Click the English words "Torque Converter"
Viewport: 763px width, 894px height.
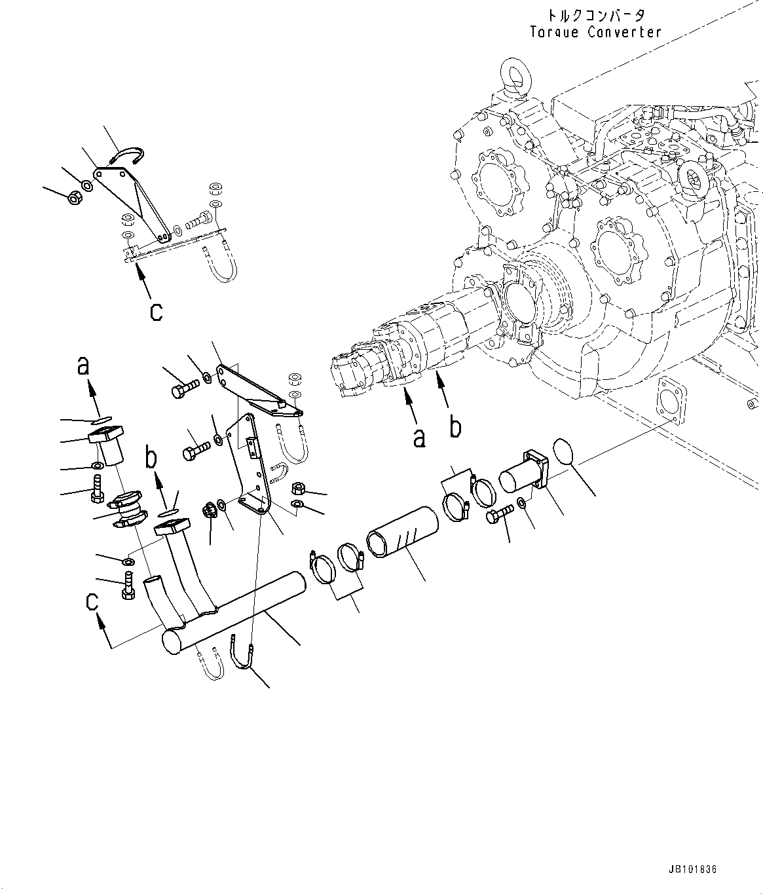click(x=596, y=32)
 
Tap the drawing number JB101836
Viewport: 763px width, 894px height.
click(x=692, y=869)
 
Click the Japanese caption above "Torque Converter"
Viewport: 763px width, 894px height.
click(x=596, y=15)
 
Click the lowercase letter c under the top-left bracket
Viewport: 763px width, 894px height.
click(x=155, y=311)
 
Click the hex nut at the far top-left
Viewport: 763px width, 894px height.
click(x=74, y=196)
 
